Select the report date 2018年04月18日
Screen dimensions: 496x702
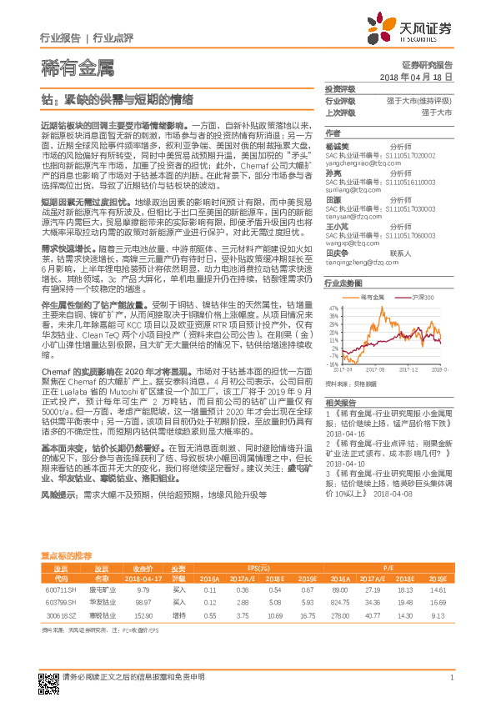tap(415, 76)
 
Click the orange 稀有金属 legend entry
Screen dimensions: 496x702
tap(371, 274)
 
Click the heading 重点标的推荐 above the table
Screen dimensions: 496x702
tap(67, 532)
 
